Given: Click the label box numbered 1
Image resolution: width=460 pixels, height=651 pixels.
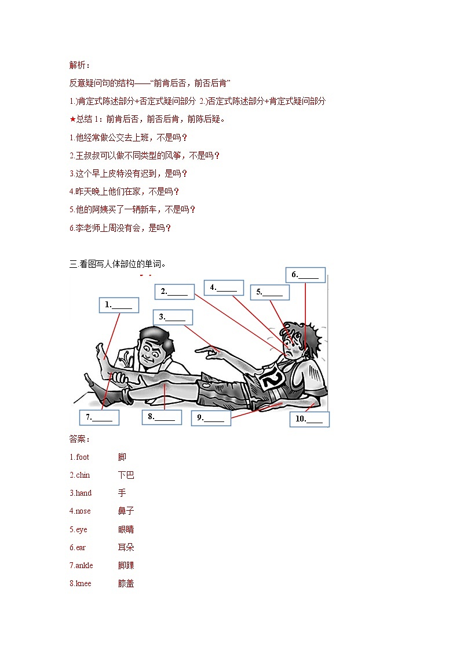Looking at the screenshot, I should [x=119, y=305].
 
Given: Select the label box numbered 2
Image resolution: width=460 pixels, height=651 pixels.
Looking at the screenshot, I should [x=174, y=292].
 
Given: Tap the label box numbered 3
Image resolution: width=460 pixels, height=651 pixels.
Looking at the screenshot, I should [x=173, y=317].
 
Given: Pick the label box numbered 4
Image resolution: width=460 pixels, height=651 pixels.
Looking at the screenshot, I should [x=224, y=288].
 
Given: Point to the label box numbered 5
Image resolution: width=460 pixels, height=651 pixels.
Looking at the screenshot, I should [x=269, y=292].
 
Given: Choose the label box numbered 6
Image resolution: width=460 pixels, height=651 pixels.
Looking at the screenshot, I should [x=305, y=275].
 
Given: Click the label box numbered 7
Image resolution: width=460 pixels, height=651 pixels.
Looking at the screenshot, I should [x=99, y=417].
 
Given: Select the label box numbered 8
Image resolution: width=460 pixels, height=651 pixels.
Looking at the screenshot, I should [x=162, y=417].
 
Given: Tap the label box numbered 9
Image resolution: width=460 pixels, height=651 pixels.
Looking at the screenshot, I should [x=211, y=417].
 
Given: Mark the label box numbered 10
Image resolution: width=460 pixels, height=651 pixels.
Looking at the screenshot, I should [x=309, y=419].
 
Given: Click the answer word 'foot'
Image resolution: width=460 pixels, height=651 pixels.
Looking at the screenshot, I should [x=82, y=457].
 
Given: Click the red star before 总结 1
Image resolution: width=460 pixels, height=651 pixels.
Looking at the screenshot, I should [x=72, y=119].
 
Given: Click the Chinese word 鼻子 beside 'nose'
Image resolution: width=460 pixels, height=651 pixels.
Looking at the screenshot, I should [x=126, y=511].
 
